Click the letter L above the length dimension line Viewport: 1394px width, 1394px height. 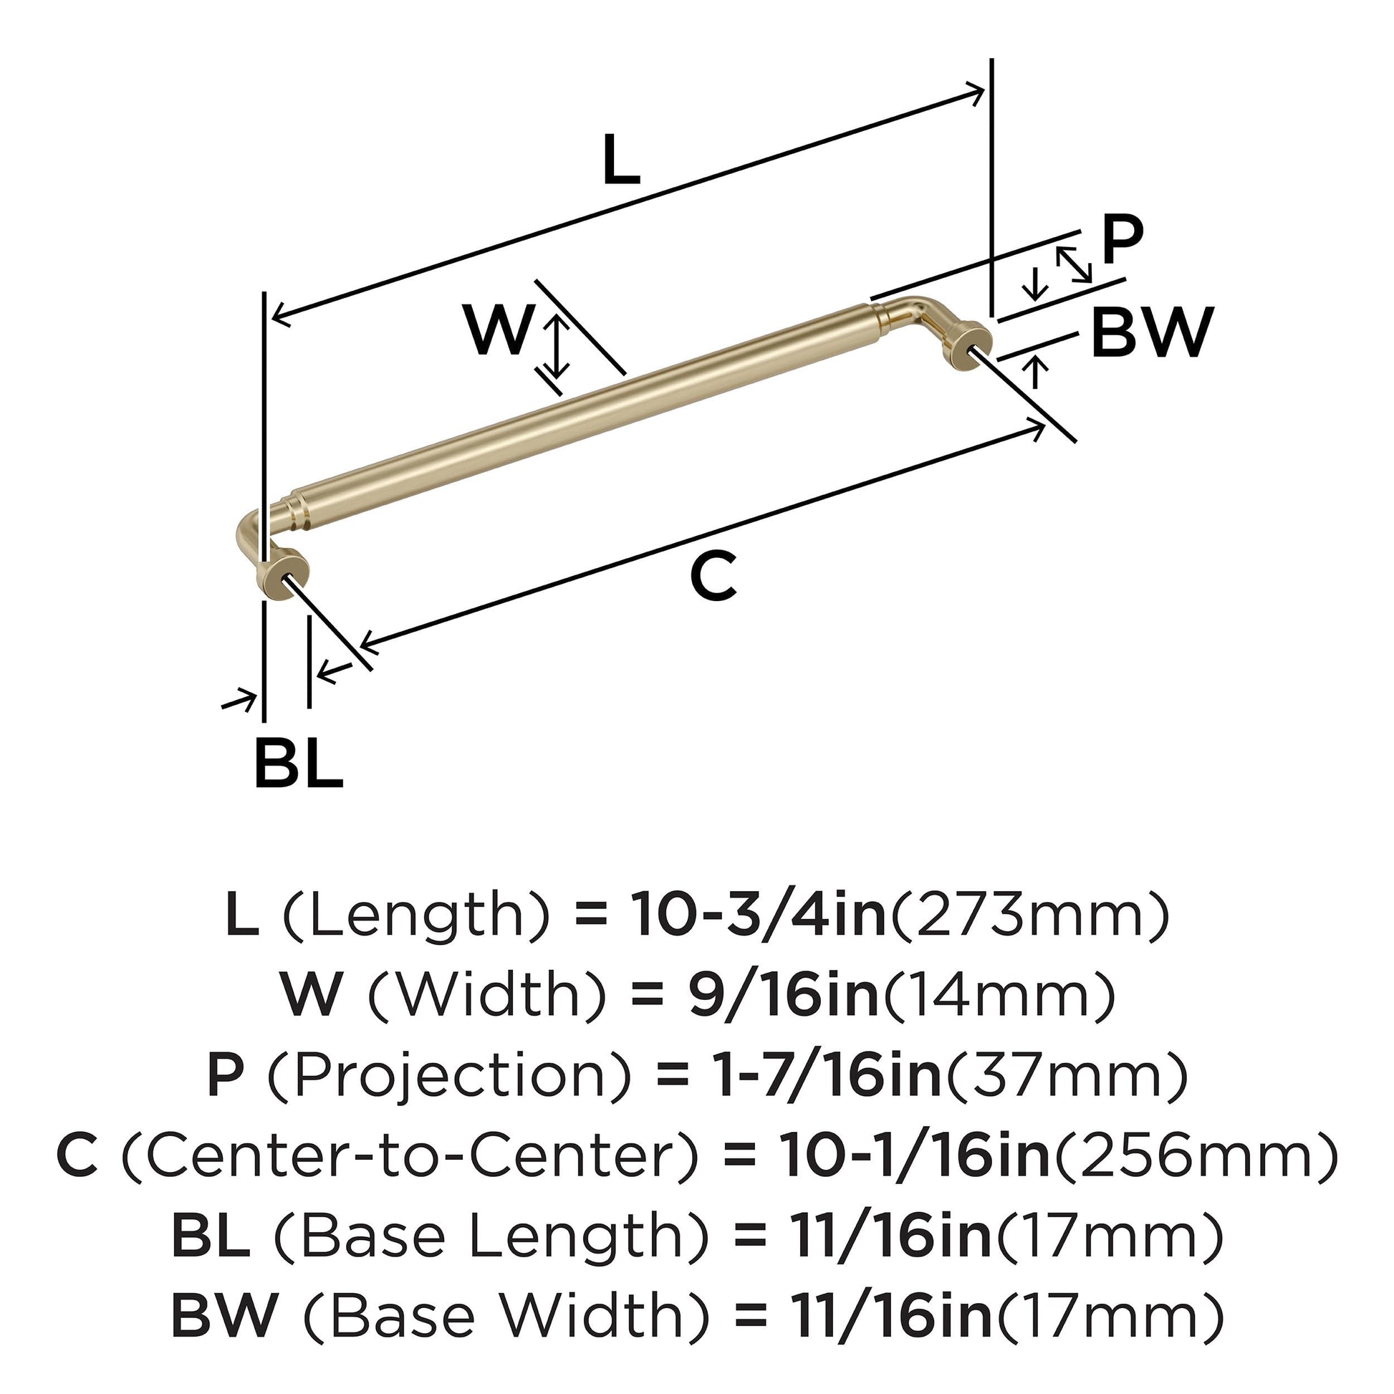[620, 160]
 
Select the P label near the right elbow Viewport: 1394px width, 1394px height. [1122, 240]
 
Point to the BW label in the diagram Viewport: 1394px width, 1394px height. [1152, 332]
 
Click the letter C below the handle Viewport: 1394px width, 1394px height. [713, 576]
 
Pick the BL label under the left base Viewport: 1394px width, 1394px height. [298, 764]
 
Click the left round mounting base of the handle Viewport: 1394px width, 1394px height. [284, 570]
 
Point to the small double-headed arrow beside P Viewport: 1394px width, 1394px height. [1074, 264]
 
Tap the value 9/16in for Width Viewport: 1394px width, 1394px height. [783, 995]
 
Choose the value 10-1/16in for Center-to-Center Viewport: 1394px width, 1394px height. [913, 1156]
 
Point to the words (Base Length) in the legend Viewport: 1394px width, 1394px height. [491, 1236]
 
